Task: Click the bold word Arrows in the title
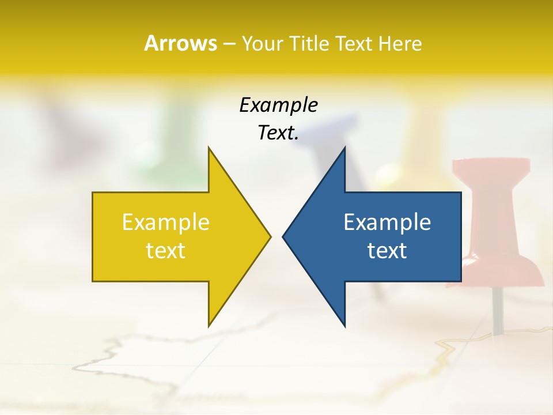(180, 43)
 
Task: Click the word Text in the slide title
(354, 43)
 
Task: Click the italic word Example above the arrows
(278, 105)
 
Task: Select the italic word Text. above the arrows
(278, 133)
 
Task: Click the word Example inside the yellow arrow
(166, 222)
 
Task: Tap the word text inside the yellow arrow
(166, 251)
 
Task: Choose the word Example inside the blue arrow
(387, 222)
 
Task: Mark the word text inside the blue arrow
(387, 251)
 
